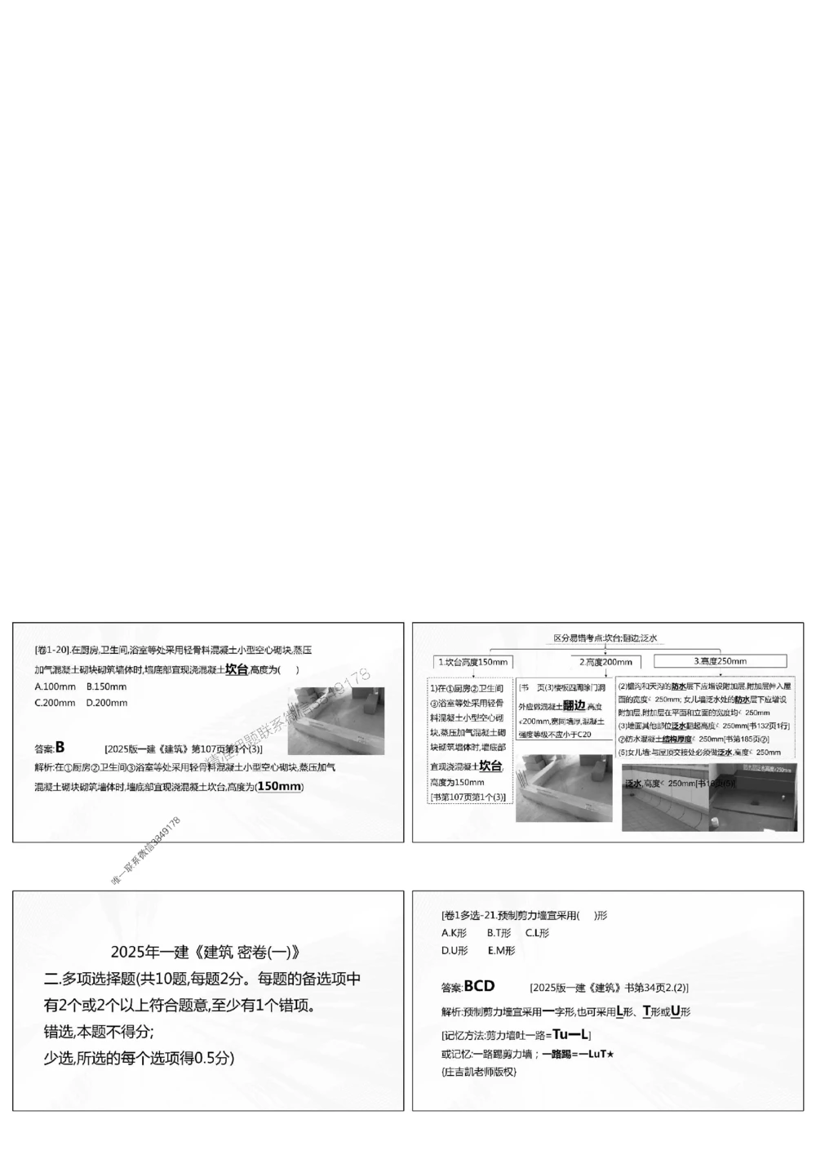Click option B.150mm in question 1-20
pyautogui.click(x=106, y=687)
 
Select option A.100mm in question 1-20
pyautogui.click(x=55, y=687)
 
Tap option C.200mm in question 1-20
pyautogui.click(x=55, y=703)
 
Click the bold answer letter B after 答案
pyautogui.click(x=60, y=747)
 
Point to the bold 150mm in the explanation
pyautogui.click(x=279, y=786)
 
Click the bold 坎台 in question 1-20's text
pyautogui.click(x=237, y=669)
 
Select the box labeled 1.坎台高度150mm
pyautogui.click(x=472, y=661)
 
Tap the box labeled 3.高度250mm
pyautogui.click(x=720, y=661)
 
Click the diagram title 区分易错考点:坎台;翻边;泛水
pyautogui.click(x=605, y=638)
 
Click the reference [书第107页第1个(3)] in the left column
pyautogui.click(x=468, y=796)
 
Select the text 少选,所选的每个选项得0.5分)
pyautogui.click(x=139, y=1059)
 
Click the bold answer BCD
pyautogui.click(x=479, y=986)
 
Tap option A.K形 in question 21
pyautogui.click(x=454, y=933)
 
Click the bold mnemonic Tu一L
pyautogui.click(x=570, y=1034)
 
